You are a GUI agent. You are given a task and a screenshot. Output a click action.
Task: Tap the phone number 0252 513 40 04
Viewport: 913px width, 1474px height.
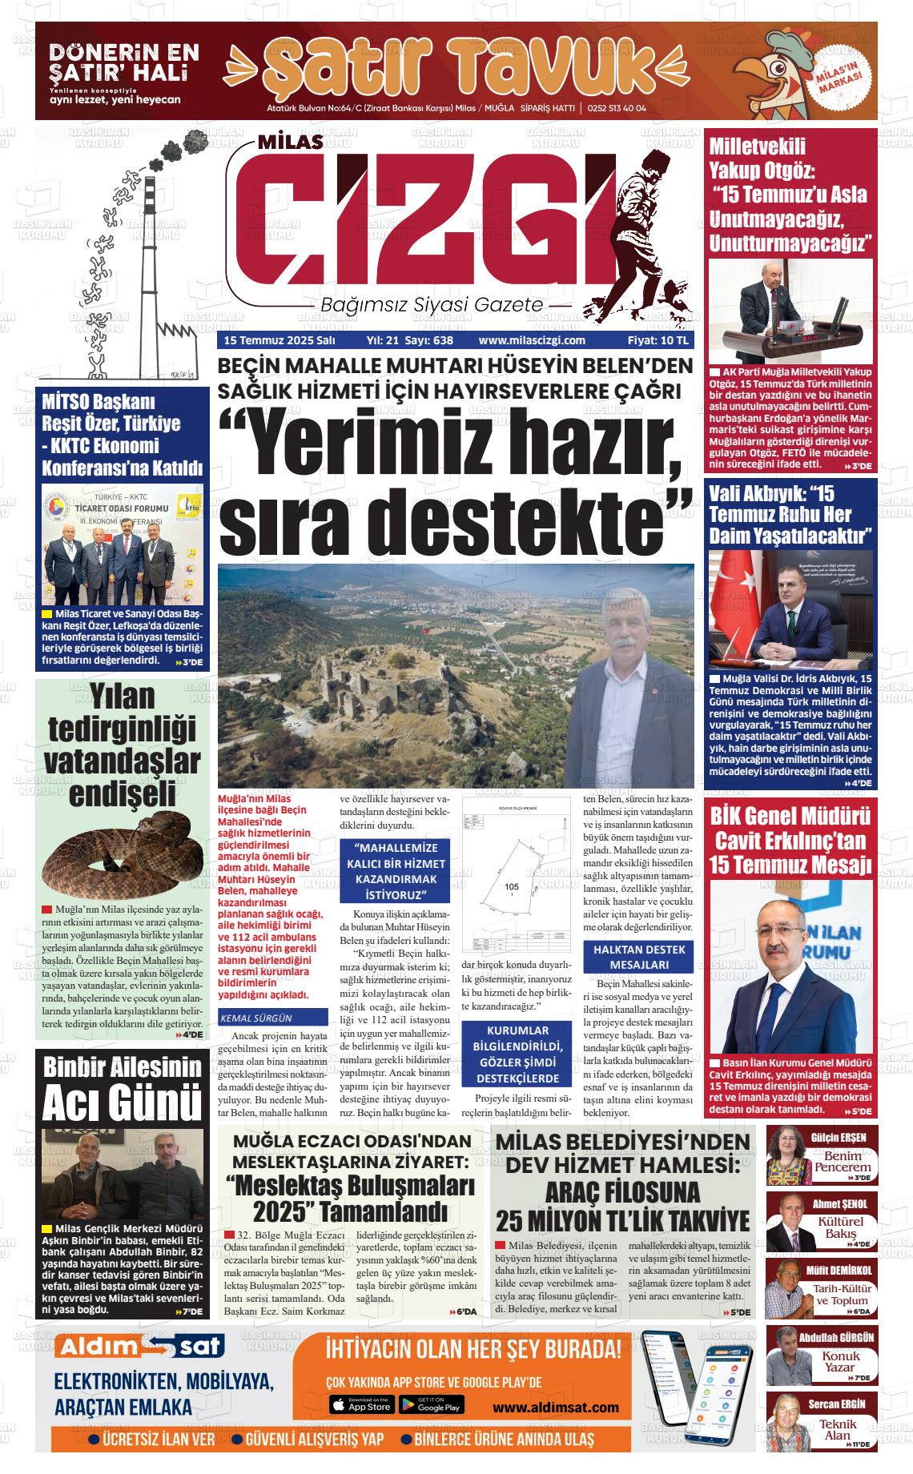tap(617, 109)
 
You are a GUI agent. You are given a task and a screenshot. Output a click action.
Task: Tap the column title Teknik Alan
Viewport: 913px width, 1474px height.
tap(838, 1430)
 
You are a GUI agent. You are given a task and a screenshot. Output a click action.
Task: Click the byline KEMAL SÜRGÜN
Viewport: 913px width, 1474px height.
tap(255, 1018)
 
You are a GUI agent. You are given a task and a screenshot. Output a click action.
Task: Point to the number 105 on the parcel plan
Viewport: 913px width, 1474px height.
tap(513, 886)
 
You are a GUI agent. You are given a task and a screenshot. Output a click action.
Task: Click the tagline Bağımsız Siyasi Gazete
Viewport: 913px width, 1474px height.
tap(431, 306)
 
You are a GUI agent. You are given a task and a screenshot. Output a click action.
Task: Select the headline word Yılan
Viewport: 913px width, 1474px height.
tap(123, 697)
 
